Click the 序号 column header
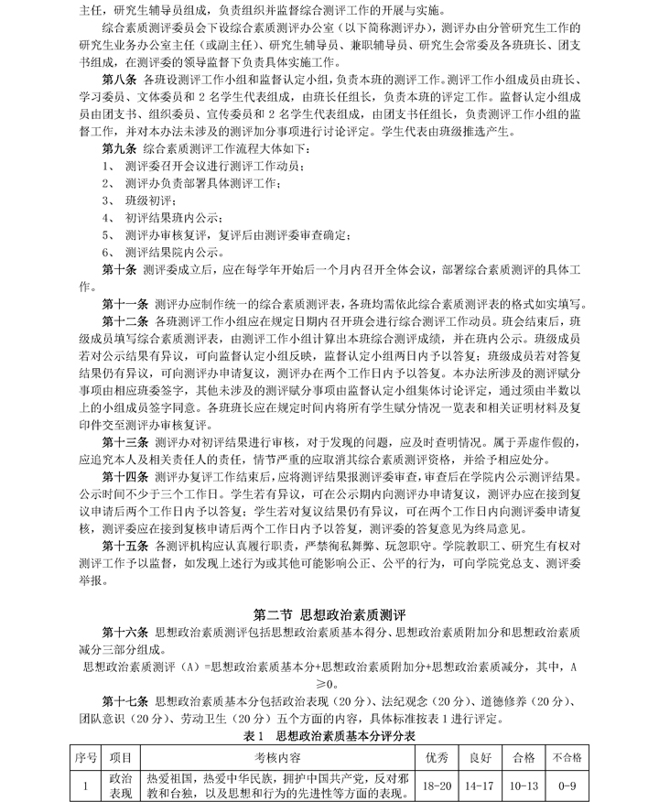85,757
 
